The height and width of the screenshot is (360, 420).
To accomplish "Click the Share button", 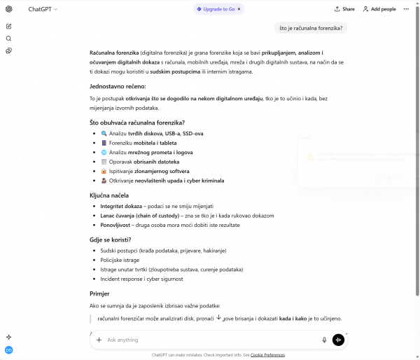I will pos(344,9).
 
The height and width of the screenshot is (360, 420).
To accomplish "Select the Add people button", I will pos(379,9).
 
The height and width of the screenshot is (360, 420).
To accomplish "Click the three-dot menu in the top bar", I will pos(407,9).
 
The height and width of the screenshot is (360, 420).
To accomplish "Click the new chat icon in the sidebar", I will pos(8,26).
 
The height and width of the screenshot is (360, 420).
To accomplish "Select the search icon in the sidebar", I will pos(8,39).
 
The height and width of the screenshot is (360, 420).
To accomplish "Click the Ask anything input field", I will pos(210,340).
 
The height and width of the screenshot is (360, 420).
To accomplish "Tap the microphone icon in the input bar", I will pos(324,340).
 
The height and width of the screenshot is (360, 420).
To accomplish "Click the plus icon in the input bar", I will pos(99,340).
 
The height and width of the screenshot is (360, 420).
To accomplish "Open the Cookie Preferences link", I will pos(267,355).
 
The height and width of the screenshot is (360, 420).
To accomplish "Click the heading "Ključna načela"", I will pos(109,195).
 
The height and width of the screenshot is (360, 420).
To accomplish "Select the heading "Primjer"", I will pos(99,293).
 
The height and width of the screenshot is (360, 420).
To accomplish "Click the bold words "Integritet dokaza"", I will pos(121,207).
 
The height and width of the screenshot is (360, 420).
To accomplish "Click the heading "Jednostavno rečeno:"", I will pos(118,86).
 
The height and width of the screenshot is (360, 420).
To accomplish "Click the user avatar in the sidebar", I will pos(8,349).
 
